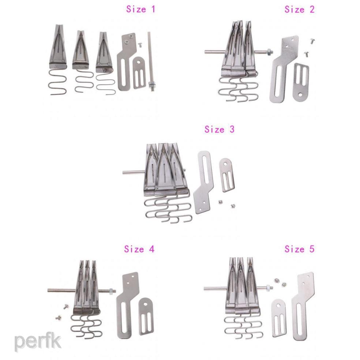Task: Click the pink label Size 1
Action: click(141, 9)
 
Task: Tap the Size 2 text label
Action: click(299, 10)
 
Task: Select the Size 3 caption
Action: click(219, 129)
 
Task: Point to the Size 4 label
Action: click(139, 249)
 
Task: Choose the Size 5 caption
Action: click(299, 249)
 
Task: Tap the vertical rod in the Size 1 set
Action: click(150, 60)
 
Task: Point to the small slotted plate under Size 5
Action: click(278, 317)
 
